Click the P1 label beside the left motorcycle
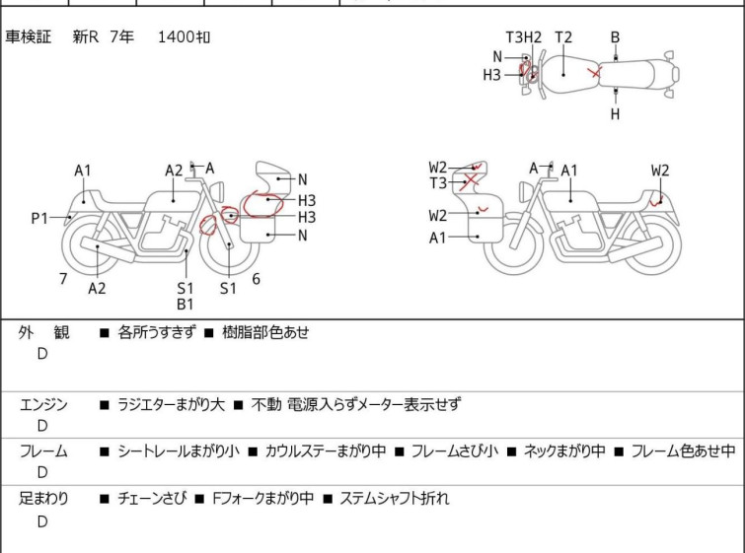38,218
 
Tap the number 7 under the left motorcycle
63,279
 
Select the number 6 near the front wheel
256,279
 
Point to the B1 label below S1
186,305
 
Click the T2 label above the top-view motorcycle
562,37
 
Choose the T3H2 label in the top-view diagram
524,37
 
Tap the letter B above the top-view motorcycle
615,37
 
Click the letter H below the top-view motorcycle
615,114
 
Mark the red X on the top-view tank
593,72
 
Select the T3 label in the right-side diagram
437,182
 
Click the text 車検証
30,37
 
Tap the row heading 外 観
43,332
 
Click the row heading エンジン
43,404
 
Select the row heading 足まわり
43,499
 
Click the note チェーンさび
150,499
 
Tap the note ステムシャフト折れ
394,499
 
